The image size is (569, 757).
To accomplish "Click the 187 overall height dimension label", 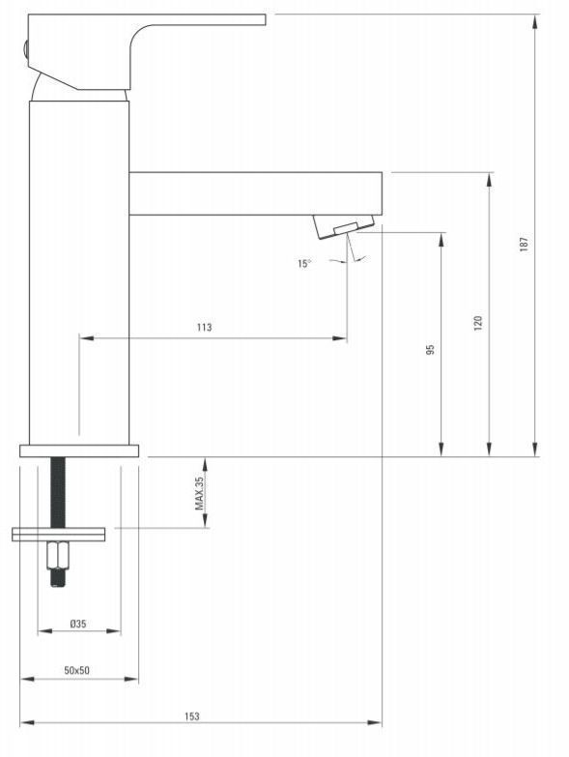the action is pyautogui.click(x=524, y=245).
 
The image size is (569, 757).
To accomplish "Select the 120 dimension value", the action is pyautogui.click(x=478, y=323).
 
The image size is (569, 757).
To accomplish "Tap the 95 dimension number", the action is pyautogui.click(x=430, y=349).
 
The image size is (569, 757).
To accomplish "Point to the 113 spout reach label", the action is pyautogui.click(x=204, y=328).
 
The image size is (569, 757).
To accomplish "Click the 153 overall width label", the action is pyautogui.click(x=191, y=716).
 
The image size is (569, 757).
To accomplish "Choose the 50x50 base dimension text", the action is pyautogui.click(x=76, y=670).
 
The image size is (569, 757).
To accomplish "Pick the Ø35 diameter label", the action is pyautogui.click(x=77, y=624).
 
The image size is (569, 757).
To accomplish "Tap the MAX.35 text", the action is pyautogui.click(x=199, y=493).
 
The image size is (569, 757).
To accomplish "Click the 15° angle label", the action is pyautogui.click(x=304, y=264).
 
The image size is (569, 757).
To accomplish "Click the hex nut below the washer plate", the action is pyautogui.click(x=58, y=555).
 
